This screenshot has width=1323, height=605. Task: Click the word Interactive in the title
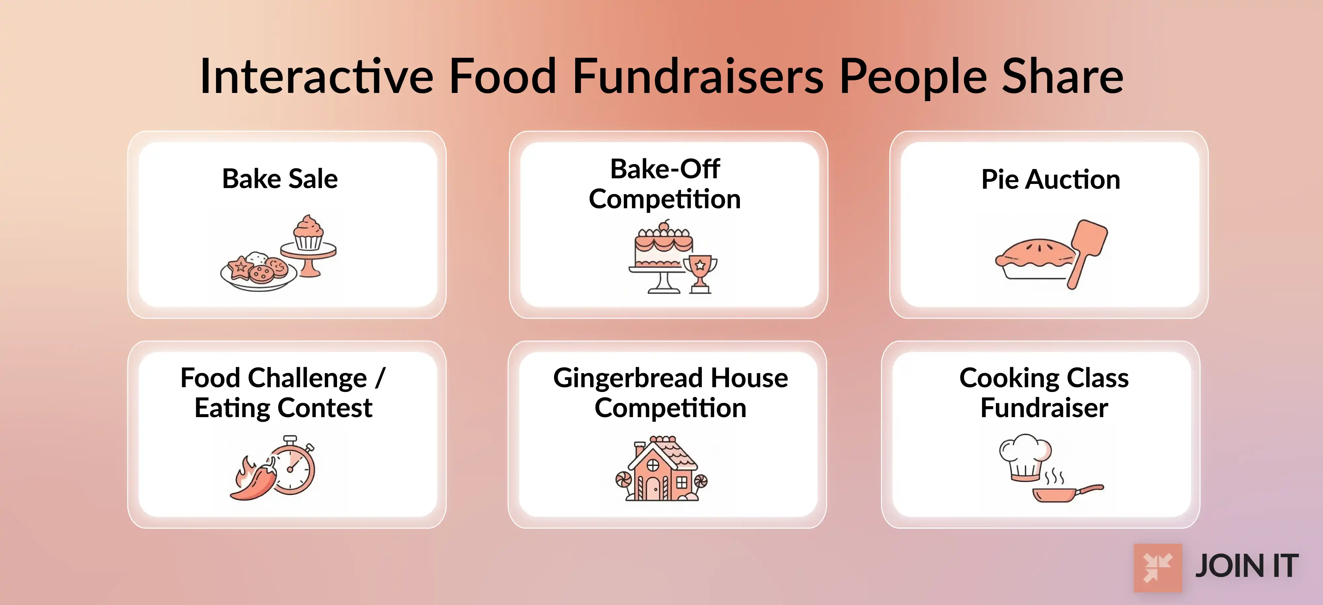pos(317,77)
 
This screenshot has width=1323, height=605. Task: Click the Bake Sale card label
pos(280,179)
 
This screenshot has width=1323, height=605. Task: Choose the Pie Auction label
pos(1050,179)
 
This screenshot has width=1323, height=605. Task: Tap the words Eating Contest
pos(283,408)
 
